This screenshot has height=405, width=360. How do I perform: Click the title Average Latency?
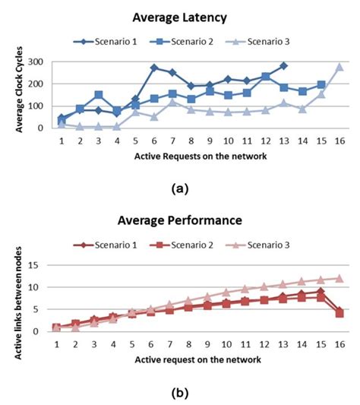click(180, 16)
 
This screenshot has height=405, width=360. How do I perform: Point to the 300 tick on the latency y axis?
click(36, 62)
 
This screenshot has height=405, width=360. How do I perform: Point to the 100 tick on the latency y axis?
click(36, 106)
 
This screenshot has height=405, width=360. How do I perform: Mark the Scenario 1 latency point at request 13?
click(284, 66)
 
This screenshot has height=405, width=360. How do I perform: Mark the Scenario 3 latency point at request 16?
click(339, 67)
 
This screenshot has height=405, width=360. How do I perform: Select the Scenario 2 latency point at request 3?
click(99, 95)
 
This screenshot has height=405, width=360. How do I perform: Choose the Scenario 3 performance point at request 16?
click(339, 278)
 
